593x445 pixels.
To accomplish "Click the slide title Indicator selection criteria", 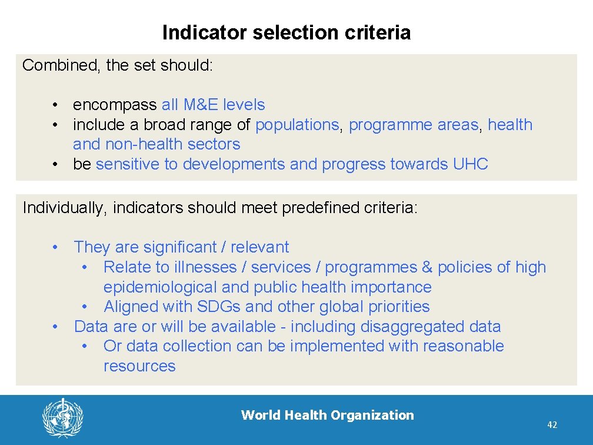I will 286,32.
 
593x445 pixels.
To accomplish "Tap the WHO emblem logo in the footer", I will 62,417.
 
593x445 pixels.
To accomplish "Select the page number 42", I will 552,425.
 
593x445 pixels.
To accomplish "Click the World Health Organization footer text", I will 327,415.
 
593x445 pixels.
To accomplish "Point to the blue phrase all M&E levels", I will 213,105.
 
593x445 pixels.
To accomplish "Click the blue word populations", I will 297,125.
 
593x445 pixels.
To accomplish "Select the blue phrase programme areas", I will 414,125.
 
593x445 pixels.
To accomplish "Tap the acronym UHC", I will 471,164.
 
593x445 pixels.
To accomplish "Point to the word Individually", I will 65,207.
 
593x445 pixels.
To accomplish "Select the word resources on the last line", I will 139,366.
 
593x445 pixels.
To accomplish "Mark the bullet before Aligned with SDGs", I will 86,306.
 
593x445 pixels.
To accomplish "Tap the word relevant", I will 259,247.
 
